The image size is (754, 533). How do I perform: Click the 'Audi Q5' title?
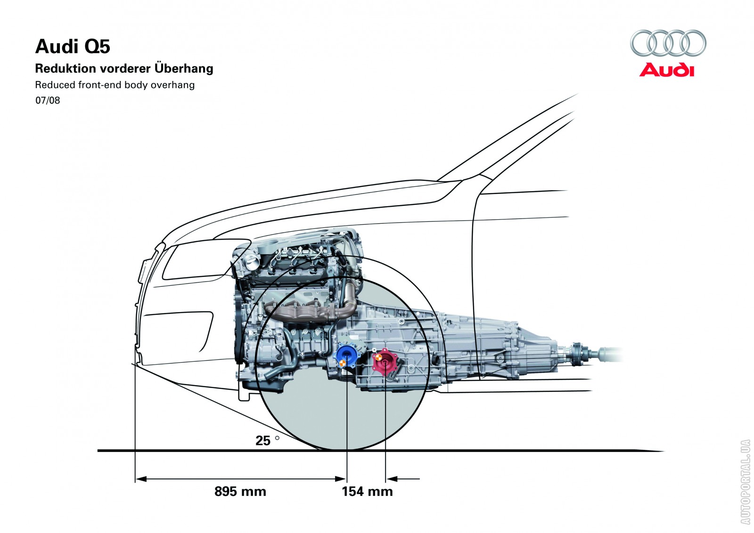73,47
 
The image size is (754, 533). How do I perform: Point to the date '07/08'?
48,100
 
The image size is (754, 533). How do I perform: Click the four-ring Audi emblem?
668,43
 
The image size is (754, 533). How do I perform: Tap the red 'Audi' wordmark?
666,70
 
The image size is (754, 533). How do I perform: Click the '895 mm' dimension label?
240,492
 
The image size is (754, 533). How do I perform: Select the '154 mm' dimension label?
367,492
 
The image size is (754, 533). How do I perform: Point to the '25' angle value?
263,441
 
